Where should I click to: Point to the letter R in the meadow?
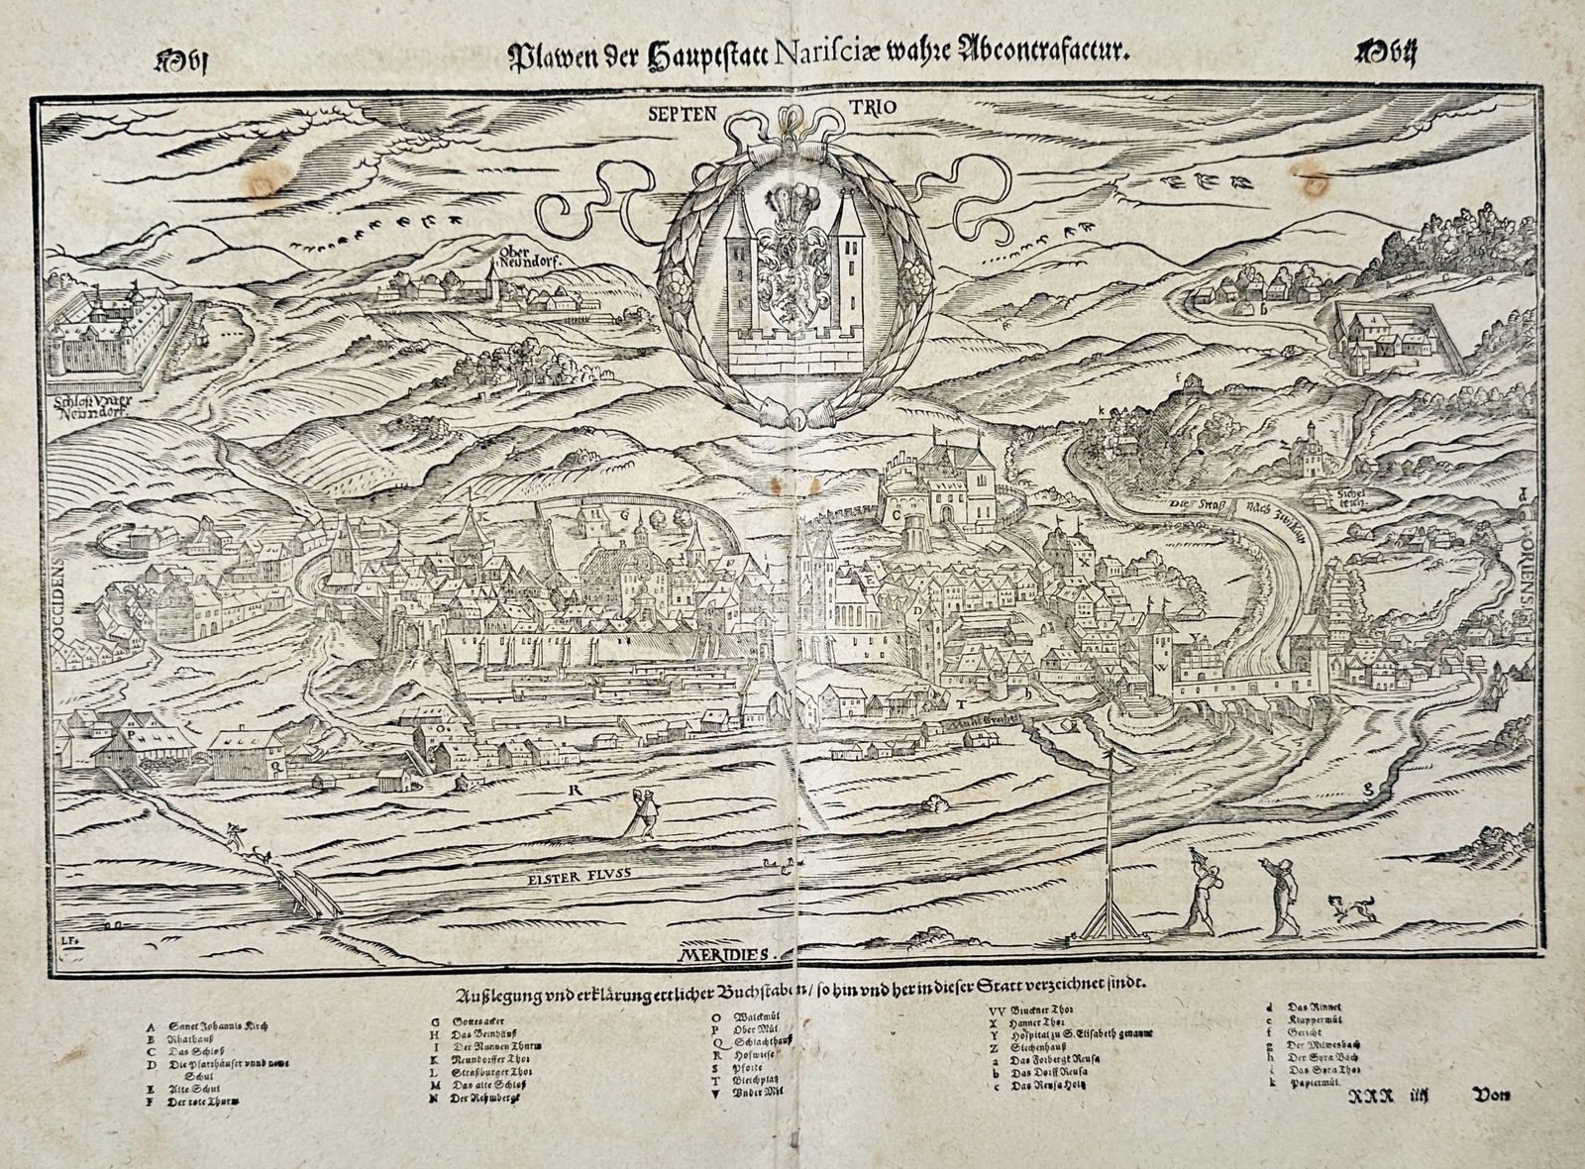[x=573, y=790]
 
